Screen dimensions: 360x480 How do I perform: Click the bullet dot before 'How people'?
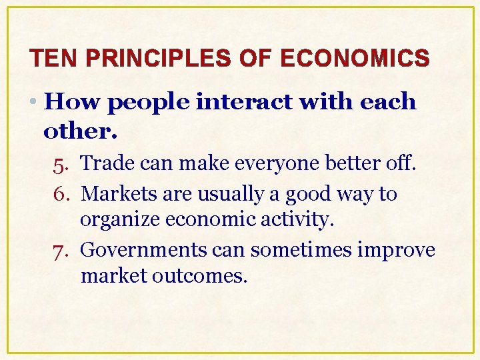click(34, 103)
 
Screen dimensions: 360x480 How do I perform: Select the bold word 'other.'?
click(80, 131)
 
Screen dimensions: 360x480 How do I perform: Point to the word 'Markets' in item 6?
click(116, 194)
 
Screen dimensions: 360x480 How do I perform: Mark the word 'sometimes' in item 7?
click(282, 251)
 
